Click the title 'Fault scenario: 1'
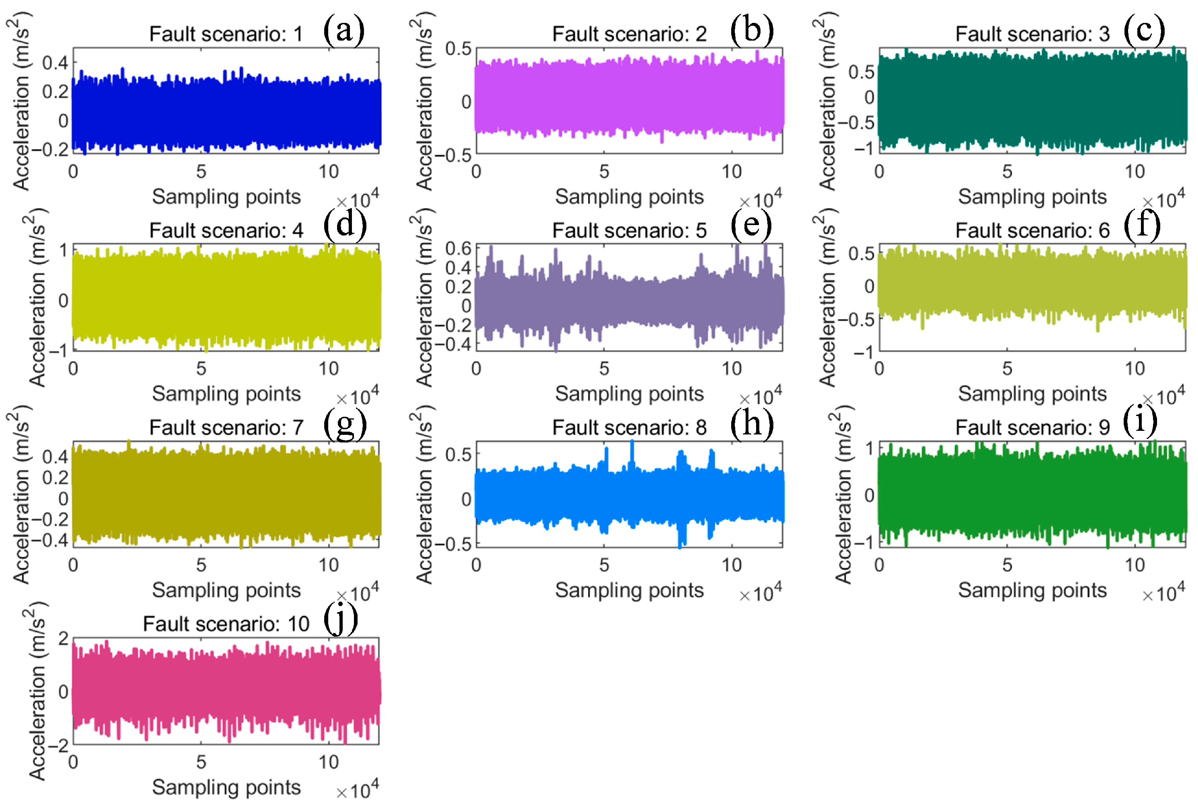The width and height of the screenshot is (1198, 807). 226,34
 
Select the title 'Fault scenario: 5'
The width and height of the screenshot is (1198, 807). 629,231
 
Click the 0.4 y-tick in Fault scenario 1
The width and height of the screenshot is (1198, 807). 55,63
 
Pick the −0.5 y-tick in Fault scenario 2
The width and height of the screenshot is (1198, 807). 453,154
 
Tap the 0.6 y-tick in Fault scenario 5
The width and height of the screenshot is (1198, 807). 458,249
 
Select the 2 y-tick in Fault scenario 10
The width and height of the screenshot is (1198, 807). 63,639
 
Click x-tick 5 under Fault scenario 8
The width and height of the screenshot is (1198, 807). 604,565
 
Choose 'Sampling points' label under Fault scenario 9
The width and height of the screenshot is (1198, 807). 1032,590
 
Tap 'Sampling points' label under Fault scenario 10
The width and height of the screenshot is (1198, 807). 226,787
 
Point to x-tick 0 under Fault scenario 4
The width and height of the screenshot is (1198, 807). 73,369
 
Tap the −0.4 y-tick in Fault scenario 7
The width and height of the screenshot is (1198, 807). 50,540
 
